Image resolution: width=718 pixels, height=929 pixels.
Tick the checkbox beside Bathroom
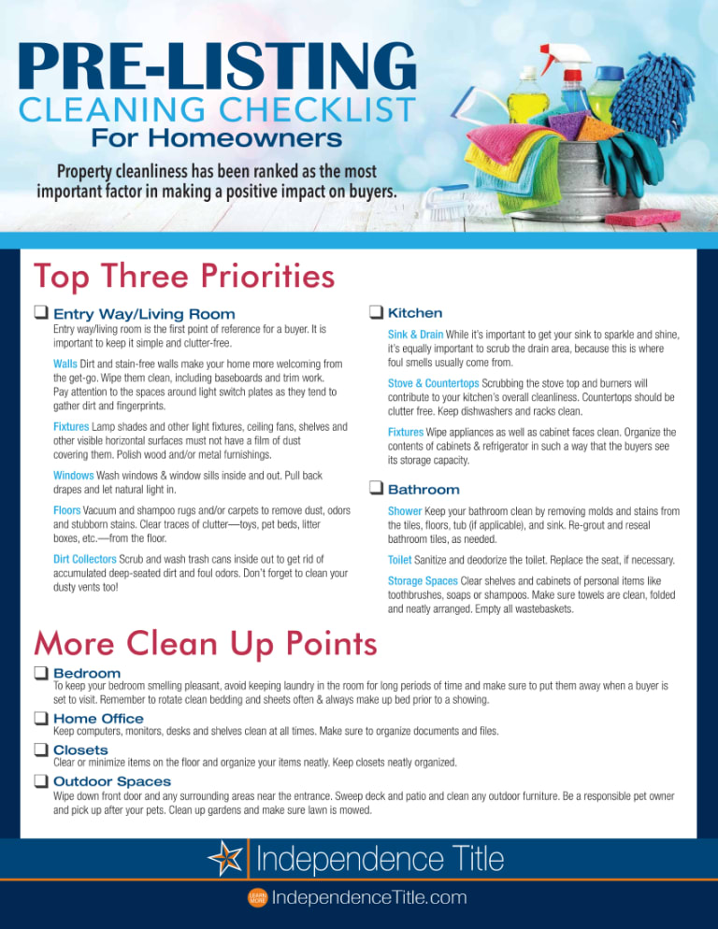[x=376, y=489]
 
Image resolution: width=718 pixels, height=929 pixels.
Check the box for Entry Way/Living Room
[x=41, y=313]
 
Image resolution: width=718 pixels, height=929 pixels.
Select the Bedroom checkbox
[x=41, y=673]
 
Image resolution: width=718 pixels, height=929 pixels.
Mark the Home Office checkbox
[x=41, y=718]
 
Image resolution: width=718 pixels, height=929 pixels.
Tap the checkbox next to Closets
[x=41, y=750]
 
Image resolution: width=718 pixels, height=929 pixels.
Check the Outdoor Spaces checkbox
[x=41, y=780]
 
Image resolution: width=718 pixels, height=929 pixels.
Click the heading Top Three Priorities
[x=183, y=277]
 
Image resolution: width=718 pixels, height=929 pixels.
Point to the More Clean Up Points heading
[x=206, y=643]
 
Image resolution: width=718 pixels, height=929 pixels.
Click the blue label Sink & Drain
[x=415, y=335]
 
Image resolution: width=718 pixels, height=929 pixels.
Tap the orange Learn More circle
[x=255, y=898]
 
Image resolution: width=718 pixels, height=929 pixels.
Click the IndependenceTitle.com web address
[x=368, y=898]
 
